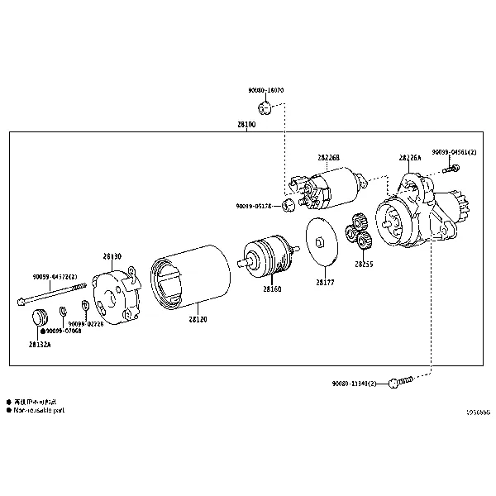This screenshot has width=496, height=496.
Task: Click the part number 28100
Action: [x=246, y=124]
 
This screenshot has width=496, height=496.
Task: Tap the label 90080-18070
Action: [x=265, y=89]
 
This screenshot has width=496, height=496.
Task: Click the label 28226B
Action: [x=328, y=157]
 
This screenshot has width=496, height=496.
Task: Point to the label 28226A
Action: [x=409, y=157]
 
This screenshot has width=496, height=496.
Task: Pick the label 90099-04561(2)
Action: [x=454, y=152]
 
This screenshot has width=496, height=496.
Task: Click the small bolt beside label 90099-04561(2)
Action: [x=450, y=169]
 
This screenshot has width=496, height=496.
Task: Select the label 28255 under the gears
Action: [x=364, y=265]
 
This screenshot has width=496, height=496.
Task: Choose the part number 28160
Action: [x=272, y=289]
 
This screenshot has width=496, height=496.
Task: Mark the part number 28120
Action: [x=198, y=317]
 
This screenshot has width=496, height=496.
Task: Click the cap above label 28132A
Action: [x=40, y=319]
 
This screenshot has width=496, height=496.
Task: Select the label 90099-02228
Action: [x=86, y=324]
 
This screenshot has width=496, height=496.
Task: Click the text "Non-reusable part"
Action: [x=38, y=410]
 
